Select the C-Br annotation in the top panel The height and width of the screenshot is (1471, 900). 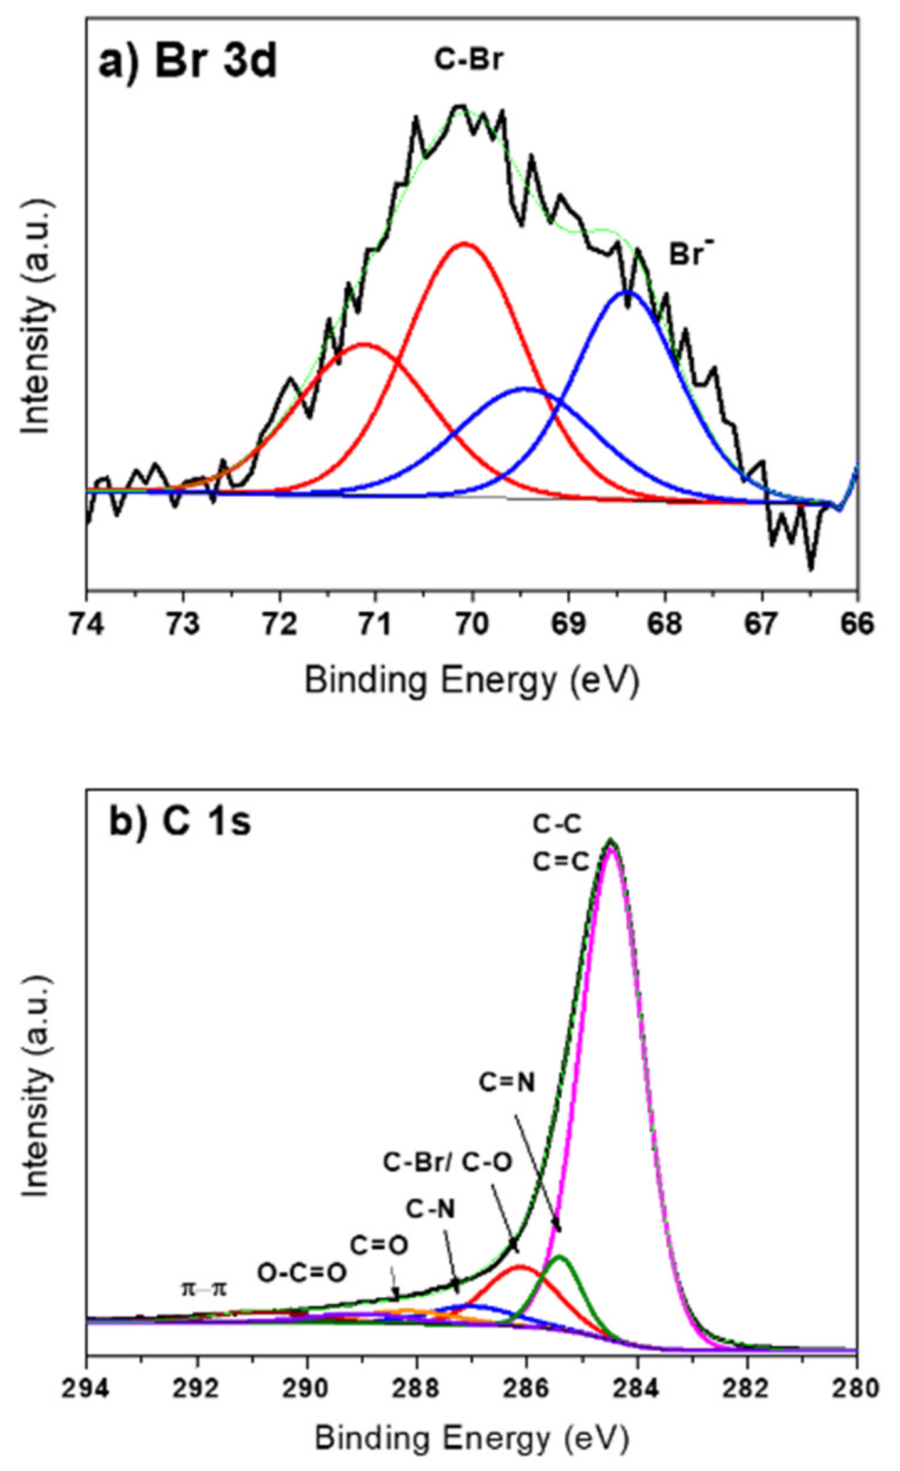[x=469, y=60]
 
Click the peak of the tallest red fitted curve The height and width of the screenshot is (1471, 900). [x=464, y=244]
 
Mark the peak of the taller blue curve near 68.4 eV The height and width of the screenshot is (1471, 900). [x=627, y=292]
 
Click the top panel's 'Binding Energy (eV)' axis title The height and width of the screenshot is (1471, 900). [x=471, y=679]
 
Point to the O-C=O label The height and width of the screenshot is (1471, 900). [x=302, y=1273]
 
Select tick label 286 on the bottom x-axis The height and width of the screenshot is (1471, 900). [x=527, y=1388]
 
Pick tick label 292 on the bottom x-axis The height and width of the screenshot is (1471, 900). [x=197, y=1388]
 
